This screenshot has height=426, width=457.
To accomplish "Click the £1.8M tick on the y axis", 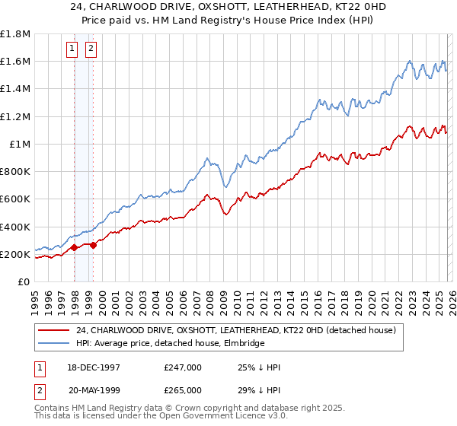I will point(15,34).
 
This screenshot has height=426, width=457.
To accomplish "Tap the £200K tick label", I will point(15,254).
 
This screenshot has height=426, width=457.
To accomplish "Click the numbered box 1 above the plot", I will point(72,49).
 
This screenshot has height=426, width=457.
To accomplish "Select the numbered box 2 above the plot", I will point(91,49).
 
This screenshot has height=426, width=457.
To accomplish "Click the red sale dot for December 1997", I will point(75,247).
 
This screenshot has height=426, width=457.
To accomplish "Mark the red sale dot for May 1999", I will point(93,245).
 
